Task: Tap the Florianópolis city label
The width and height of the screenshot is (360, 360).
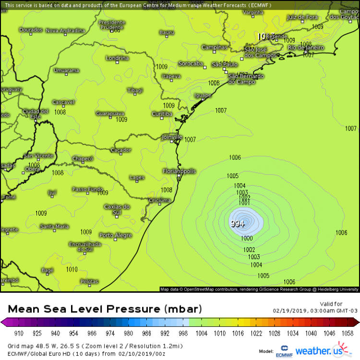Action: (x=179, y=171)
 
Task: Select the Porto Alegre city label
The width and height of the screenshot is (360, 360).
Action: (x=115, y=235)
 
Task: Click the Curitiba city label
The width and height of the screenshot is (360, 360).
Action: (x=162, y=114)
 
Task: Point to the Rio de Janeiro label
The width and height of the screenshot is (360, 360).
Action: (x=306, y=48)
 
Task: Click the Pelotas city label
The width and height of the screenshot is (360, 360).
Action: (x=89, y=282)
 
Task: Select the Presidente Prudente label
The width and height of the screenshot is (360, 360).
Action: (x=111, y=25)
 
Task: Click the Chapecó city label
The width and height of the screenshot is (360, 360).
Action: (x=83, y=158)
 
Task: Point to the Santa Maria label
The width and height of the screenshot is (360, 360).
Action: (x=54, y=227)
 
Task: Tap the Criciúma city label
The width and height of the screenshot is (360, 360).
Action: (x=159, y=200)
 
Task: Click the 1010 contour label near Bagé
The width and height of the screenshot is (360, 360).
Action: (x=71, y=269)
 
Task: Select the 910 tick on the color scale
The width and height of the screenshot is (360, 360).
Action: (x=19, y=333)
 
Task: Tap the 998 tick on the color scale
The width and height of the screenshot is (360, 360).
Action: (x=182, y=333)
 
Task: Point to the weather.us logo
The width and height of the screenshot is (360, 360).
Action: (x=320, y=350)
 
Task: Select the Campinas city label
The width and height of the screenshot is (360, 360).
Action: (x=214, y=48)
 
